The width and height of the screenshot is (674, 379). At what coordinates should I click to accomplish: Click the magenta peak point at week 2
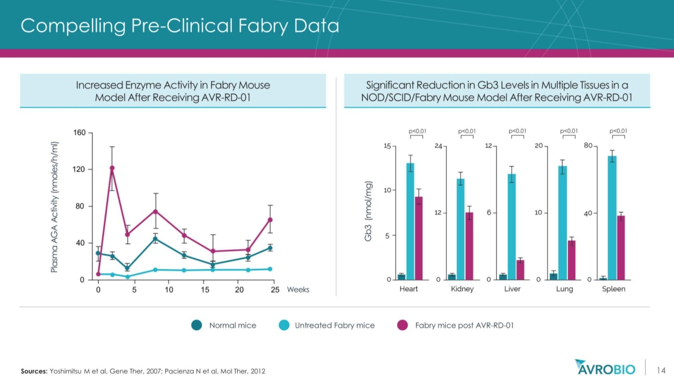(112, 168)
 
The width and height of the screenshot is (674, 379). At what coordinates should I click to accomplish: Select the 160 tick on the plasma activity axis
(79, 133)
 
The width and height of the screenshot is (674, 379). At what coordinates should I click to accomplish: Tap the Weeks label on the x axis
(298, 290)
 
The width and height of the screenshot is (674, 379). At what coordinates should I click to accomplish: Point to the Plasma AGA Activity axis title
(54, 207)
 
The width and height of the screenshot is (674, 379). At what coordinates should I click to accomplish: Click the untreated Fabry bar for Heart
(410, 221)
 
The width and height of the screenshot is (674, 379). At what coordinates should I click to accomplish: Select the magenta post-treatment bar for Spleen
(621, 248)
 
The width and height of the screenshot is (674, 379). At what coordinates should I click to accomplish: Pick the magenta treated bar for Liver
(520, 270)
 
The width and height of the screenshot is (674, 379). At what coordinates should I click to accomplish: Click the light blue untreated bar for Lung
(562, 223)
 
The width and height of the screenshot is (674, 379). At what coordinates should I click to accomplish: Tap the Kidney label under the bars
(462, 289)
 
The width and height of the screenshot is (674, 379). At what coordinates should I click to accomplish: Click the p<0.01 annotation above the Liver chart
(517, 131)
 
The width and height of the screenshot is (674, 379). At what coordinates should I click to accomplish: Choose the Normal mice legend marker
(196, 325)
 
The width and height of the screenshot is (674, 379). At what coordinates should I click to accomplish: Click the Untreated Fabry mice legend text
(335, 325)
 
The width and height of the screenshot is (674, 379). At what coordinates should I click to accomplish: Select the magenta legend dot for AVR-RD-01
(402, 325)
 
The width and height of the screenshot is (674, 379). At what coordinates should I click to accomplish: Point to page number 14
(661, 371)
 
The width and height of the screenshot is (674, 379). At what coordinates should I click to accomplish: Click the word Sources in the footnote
(34, 371)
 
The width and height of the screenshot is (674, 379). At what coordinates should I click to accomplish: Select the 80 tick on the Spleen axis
(588, 146)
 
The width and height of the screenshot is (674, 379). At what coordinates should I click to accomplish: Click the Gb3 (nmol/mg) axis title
(369, 211)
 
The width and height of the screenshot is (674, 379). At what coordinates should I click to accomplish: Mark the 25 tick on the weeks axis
(275, 290)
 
